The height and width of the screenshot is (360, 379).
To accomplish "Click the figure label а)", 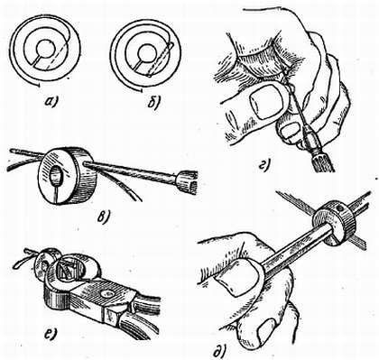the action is coord(51,102).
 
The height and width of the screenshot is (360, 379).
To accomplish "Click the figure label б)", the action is coord(154,103).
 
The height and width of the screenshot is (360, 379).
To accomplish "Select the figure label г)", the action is coord(264,163).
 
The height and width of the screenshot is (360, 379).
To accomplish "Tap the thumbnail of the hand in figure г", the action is coord(264,101).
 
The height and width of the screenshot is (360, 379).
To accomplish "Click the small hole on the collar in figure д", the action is coord(339,208).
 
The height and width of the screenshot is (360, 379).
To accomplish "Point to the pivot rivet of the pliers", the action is coord(106,294).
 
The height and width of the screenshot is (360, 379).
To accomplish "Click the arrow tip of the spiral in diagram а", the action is coord(39,85).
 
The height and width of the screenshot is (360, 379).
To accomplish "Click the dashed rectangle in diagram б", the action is coord(160,60).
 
